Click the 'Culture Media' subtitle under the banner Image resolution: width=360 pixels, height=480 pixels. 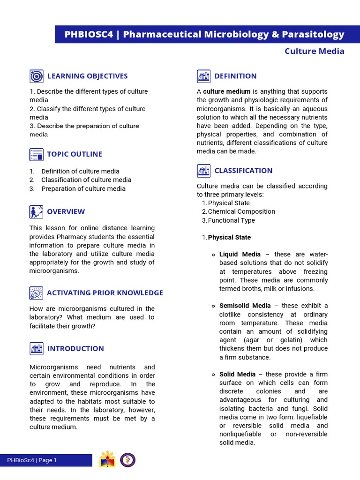pyautogui.click(x=314, y=51)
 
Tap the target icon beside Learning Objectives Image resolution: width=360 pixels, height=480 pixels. pyautogui.click(x=36, y=76)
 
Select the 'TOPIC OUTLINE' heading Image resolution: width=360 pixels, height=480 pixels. pyautogui.click(x=74, y=154)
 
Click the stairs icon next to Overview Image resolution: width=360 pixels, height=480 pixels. pyautogui.click(x=36, y=212)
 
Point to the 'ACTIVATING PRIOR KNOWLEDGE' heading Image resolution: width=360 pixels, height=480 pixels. pyautogui.click(x=105, y=292)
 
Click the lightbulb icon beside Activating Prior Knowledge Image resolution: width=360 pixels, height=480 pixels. pyautogui.click(x=36, y=293)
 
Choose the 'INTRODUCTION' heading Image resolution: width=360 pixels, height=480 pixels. pyautogui.click(x=75, y=348)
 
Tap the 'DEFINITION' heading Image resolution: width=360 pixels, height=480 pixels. pyautogui.click(x=235, y=76)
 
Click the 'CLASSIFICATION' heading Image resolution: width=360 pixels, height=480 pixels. pyautogui.click(x=243, y=171)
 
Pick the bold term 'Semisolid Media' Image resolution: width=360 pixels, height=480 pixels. pyautogui.click(x=245, y=306)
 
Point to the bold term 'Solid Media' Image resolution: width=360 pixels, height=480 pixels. pyautogui.click(x=237, y=374)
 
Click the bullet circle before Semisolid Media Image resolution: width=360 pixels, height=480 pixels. pyautogui.click(x=213, y=306)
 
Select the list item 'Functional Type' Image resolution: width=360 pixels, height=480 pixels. pyautogui.click(x=231, y=220)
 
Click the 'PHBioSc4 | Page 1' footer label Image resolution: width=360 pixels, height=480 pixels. pyautogui.click(x=32, y=460)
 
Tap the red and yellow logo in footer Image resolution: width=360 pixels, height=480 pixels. pyautogui.click(x=107, y=460)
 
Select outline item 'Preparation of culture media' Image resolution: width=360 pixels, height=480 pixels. pyautogui.click(x=83, y=188)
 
